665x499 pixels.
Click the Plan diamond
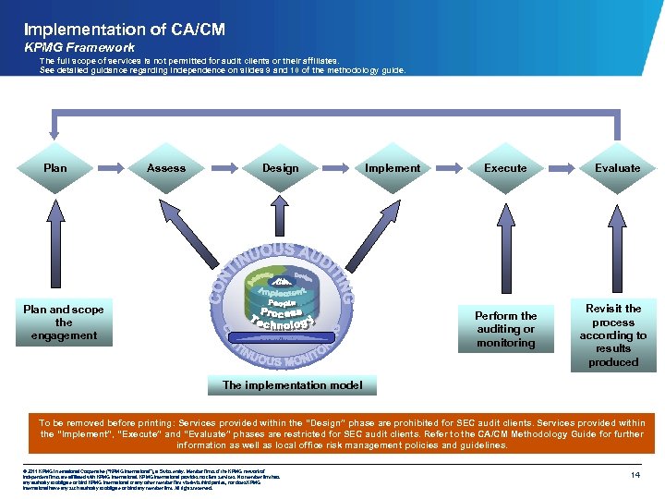(55, 168)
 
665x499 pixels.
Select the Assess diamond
(166, 168)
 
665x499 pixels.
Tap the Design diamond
(280, 168)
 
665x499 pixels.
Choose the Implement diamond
(393, 168)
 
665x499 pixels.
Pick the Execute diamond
(505, 168)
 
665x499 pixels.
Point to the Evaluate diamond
(617, 168)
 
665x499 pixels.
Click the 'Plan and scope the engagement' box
(64, 323)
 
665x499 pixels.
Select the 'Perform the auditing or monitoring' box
(505, 329)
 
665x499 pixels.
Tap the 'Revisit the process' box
(614, 335)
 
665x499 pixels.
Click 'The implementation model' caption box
(293, 385)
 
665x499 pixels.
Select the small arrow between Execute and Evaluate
(562, 168)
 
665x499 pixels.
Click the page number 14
(635, 474)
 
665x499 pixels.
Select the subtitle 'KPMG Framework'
(79, 47)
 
